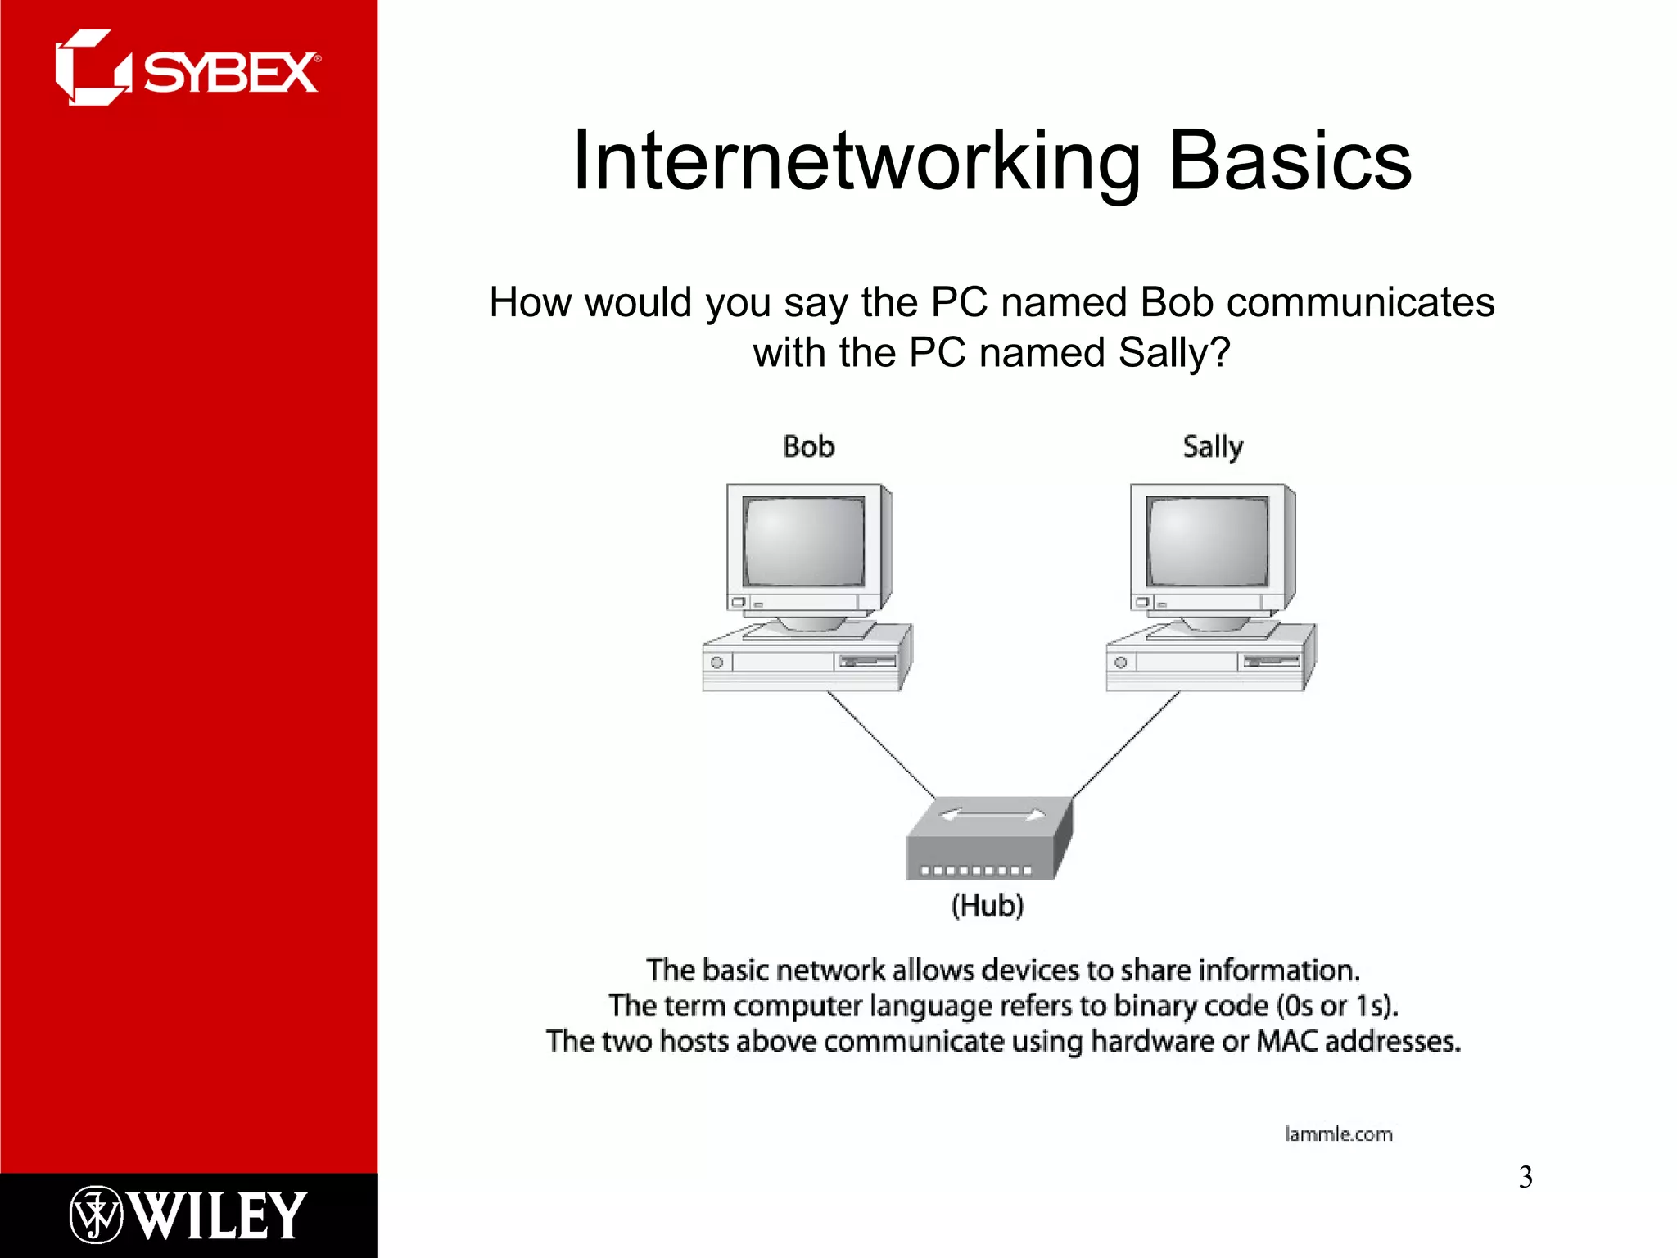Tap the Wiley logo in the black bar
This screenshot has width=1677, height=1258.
click(x=188, y=1215)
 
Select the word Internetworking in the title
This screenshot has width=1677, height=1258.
click(x=857, y=161)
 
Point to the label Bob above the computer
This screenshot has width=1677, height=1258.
click(x=808, y=447)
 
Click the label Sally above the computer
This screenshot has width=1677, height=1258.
click(x=1213, y=447)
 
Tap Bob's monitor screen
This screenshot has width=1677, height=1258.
click(x=804, y=541)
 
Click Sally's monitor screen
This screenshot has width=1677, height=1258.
click(x=1208, y=541)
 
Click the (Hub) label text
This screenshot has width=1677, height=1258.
click(x=988, y=906)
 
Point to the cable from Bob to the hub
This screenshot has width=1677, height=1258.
click(x=881, y=744)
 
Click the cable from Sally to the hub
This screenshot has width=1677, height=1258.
click(x=1127, y=744)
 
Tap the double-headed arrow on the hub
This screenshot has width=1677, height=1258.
click(x=992, y=815)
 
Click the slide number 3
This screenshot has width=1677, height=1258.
click(x=1525, y=1177)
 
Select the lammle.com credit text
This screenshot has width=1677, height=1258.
click(x=1338, y=1134)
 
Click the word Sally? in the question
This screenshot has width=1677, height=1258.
click(x=1174, y=354)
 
